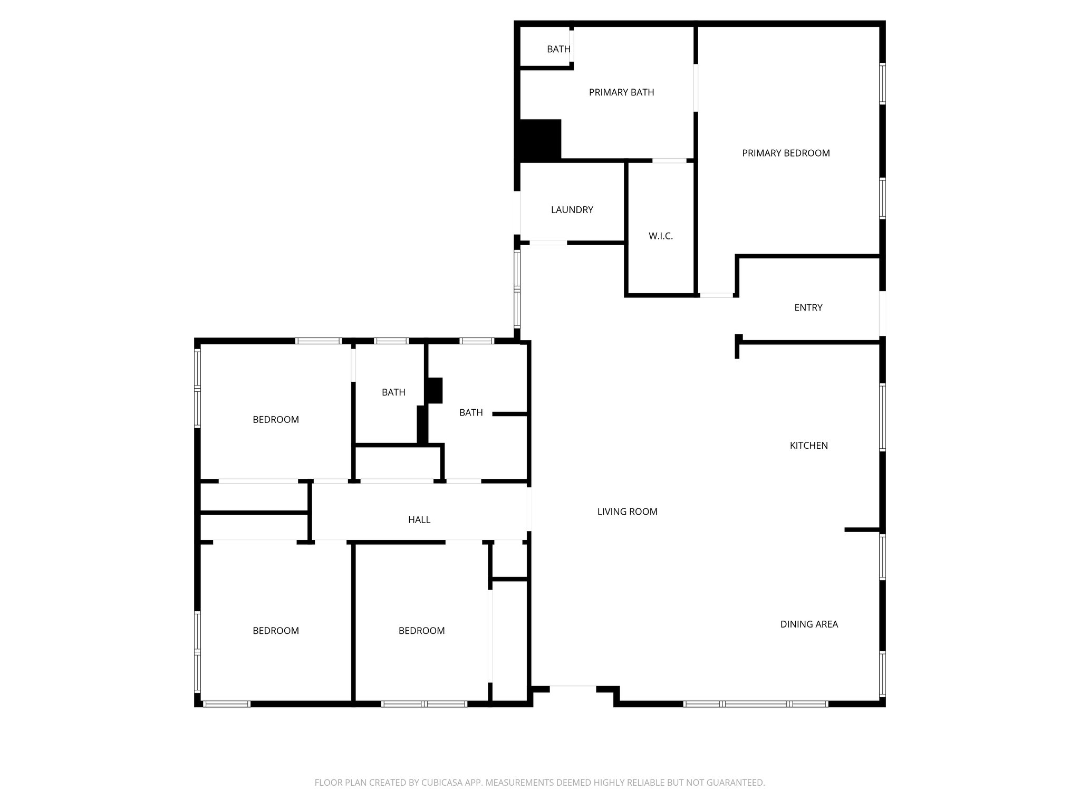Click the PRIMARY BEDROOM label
pos(786,153)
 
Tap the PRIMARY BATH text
pos(621,92)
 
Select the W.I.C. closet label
pos(660,236)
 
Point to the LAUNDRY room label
pos(572,209)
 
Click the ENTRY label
pos(808,307)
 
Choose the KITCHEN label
pos(808,445)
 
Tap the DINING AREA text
pos(809,624)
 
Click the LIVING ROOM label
pos(627,511)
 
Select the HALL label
pos(419,519)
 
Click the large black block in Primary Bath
pos(540,139)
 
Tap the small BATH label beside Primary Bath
pos(558,49)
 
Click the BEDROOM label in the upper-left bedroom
pos(275,419)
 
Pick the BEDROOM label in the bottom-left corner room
pos(275,630)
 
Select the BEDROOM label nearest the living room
pos(421,630)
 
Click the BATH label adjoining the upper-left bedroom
pos(393,392)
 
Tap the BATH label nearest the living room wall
pos(470,412)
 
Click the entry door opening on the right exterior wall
pos(882,313)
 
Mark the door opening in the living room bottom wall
pos(573,687)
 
